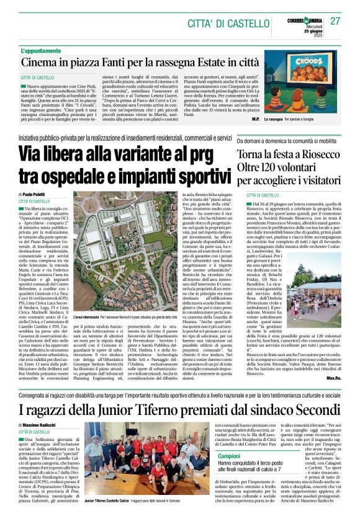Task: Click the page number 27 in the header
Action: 335,21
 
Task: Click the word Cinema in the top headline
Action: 41,62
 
